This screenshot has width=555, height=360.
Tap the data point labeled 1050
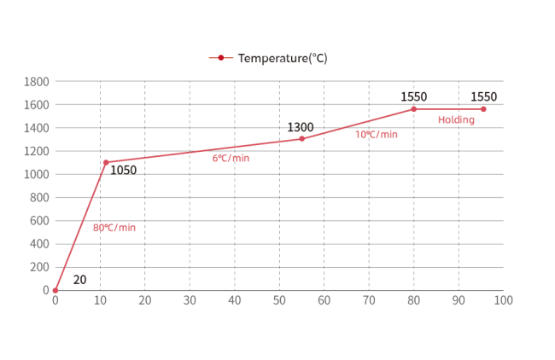point(106,162)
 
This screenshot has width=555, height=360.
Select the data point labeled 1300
point(301,139)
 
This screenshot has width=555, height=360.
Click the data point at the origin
point(55,290)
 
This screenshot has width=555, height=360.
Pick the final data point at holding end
point(483,109)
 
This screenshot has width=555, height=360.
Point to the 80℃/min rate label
point(114,228)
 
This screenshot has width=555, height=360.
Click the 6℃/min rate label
point(231,158)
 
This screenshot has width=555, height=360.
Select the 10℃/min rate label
point(377,135)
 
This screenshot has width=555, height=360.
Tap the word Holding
point(456,120)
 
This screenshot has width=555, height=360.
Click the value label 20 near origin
point(79,280)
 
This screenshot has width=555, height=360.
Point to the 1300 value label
point(300,128)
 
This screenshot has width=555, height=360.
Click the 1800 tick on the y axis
point(37,82)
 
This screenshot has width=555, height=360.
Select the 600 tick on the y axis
point(39,220)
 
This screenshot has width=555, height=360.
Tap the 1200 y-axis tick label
point(37,151)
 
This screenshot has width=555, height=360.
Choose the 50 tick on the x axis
point(279,300)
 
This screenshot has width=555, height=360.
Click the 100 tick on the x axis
point(503,300)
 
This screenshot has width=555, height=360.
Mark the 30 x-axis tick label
point(190,300)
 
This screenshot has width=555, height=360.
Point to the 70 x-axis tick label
point(369,300)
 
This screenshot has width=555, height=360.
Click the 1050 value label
point(123,171)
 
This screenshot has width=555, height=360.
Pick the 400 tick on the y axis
point(39,244)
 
